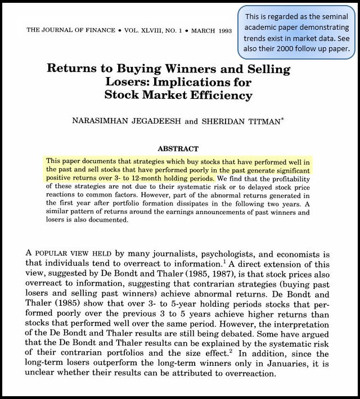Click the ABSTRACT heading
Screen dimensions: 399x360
[178, 149]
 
